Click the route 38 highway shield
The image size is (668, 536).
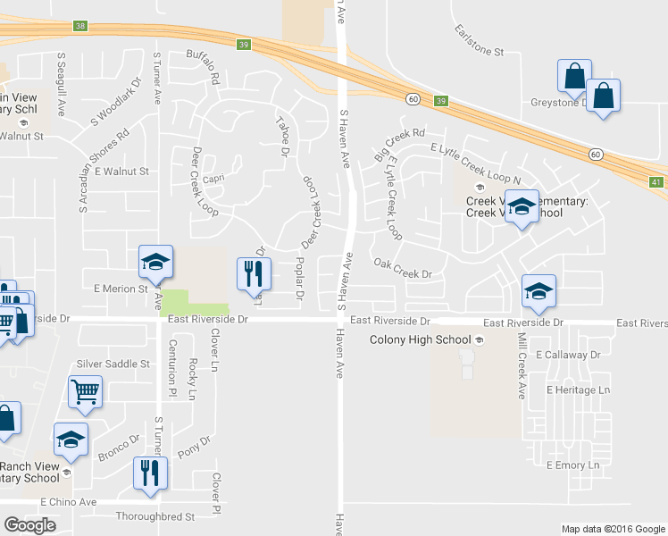[x=81, y=27]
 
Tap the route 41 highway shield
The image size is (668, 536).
[x=656, y=182]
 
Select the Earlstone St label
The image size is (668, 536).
[x=479, y=41]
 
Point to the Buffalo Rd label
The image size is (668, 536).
[x=204, y=67]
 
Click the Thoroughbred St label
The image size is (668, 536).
[x=155, y=516]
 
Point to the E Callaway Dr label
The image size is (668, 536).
[x=568, y=355]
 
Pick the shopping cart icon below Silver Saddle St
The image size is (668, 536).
[x=85, y=389]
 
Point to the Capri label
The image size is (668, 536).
[x=213, y=177]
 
